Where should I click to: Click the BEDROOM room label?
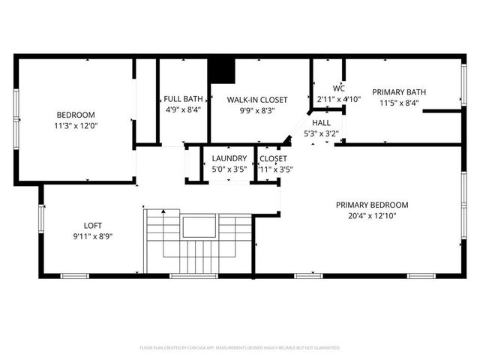[72, 115]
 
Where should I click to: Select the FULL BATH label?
[183, 98]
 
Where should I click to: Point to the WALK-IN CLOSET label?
[257, 98]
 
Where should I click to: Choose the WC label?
[328, 88]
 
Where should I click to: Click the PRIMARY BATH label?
[399, 92]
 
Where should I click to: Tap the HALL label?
[321, 123]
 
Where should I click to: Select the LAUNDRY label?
[229, 158]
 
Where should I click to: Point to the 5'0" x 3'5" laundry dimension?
[229, 169]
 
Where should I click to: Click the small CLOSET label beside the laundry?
[273, 158]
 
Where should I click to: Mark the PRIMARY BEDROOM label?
[371, 205]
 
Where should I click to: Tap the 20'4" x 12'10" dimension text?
[371, 216]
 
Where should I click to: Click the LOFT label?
[92, 224]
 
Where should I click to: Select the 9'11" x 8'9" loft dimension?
[92, 235]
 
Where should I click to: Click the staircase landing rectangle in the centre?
[199, 226]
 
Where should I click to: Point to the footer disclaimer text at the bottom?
[240, 348]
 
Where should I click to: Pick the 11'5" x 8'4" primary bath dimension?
[399, 103]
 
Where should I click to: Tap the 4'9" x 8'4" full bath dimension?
[183, 109]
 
